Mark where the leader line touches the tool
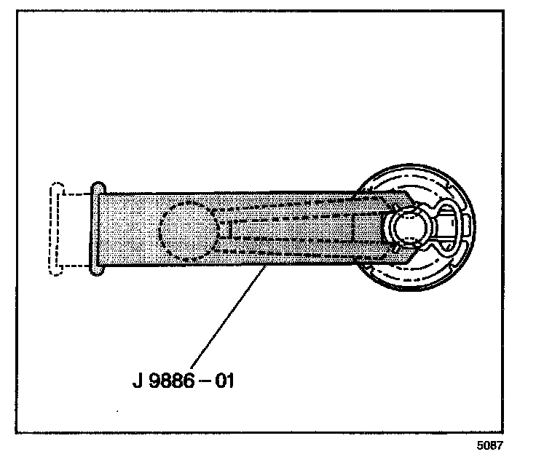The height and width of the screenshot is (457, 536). [x=264, y=267]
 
